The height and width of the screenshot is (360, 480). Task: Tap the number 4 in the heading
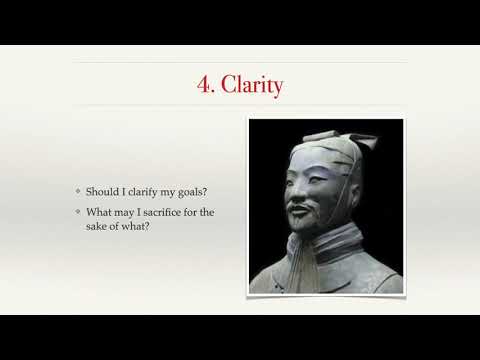click(x=204, y=85)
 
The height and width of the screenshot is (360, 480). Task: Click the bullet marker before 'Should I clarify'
click(x=78, y=191)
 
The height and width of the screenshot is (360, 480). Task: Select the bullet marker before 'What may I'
click(x=78, y=211)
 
